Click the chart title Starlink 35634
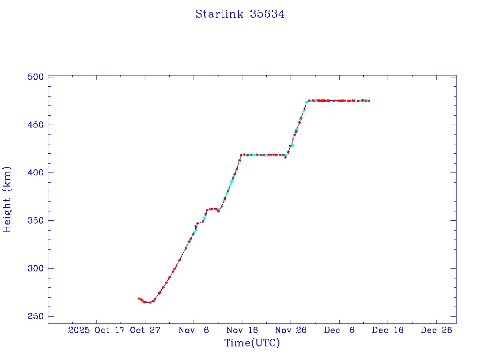(240, 14)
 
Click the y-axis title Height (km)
(7, 199)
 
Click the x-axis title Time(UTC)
(252, 343)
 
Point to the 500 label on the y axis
(36, 77)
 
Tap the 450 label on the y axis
(36, 125)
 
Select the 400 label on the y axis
(36, 172)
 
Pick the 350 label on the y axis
(36, 220)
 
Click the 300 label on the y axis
(36, 268)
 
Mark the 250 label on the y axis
(36, 316)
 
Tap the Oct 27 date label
(145, 330)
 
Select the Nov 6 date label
(194, 330)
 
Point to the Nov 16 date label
(242, 330)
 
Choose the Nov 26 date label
(291, 330)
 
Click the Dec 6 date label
(339, 330)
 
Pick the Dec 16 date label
(388, 330)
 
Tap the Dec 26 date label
(436, 330)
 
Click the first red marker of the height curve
(139, 298)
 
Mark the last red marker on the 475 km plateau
(369, 101)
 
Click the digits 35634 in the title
(267, 14)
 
